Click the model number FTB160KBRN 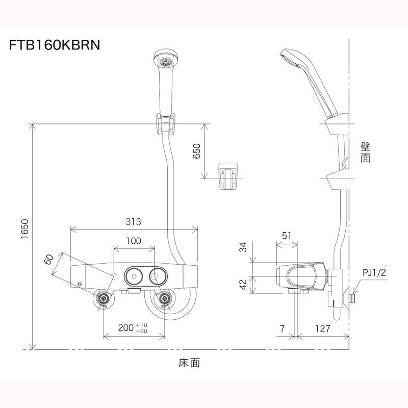[54, 44]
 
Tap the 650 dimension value [197, 151]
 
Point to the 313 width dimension [134, 222]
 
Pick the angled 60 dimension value [48, 260]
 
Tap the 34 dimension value [244, 248]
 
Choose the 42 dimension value [244, 284]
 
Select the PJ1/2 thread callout [374, 273]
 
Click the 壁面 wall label [365, 152]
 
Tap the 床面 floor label [189, 363]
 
